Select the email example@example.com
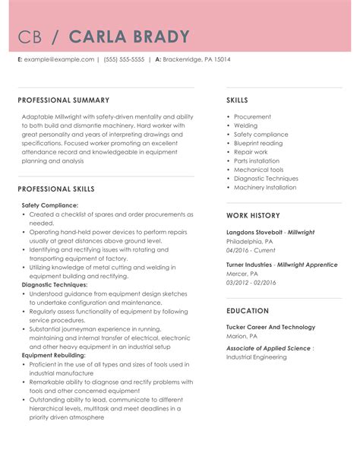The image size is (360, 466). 59,59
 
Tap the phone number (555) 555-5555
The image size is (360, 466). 124,59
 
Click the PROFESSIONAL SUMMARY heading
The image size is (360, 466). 63,100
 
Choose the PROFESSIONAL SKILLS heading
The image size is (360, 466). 56,189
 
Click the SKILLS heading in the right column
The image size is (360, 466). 237,100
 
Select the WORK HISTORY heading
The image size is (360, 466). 253,215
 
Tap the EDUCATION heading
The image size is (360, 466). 247,311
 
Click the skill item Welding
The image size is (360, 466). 245,125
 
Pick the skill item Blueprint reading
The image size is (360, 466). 257,143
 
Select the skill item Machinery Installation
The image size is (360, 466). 265,187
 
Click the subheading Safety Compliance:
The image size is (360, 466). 49,205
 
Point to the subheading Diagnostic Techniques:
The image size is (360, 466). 55,284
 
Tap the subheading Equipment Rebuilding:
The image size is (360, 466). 53,355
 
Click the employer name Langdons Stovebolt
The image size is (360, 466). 256,232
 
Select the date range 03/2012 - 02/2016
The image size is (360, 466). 251,282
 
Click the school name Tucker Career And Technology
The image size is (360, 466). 270,327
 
